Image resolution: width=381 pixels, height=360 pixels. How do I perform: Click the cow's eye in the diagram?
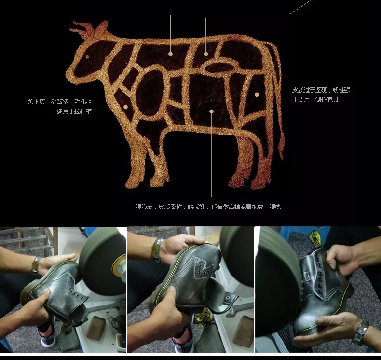87,57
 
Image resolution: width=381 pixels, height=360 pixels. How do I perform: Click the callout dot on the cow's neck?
125,107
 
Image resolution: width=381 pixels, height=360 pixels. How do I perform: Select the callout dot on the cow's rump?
257,94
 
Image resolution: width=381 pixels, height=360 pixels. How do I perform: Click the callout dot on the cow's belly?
211,111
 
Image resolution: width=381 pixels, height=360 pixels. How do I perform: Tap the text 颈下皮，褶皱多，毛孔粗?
60,102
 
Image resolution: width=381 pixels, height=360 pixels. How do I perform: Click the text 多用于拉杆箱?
74,111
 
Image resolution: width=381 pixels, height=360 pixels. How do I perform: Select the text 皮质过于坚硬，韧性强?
321,90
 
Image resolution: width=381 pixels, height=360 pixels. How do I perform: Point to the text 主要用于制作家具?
315,100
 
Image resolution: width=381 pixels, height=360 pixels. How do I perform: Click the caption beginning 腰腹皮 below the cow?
208,207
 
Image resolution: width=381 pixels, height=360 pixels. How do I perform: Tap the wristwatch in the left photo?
36,264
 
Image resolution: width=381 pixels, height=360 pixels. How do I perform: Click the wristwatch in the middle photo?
157,250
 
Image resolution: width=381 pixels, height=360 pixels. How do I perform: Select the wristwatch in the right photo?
361,332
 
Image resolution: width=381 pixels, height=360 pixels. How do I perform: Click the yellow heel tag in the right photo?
315,239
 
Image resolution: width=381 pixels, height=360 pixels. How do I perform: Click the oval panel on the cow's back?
219,67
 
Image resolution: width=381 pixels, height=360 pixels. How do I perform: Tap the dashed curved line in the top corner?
300,7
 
